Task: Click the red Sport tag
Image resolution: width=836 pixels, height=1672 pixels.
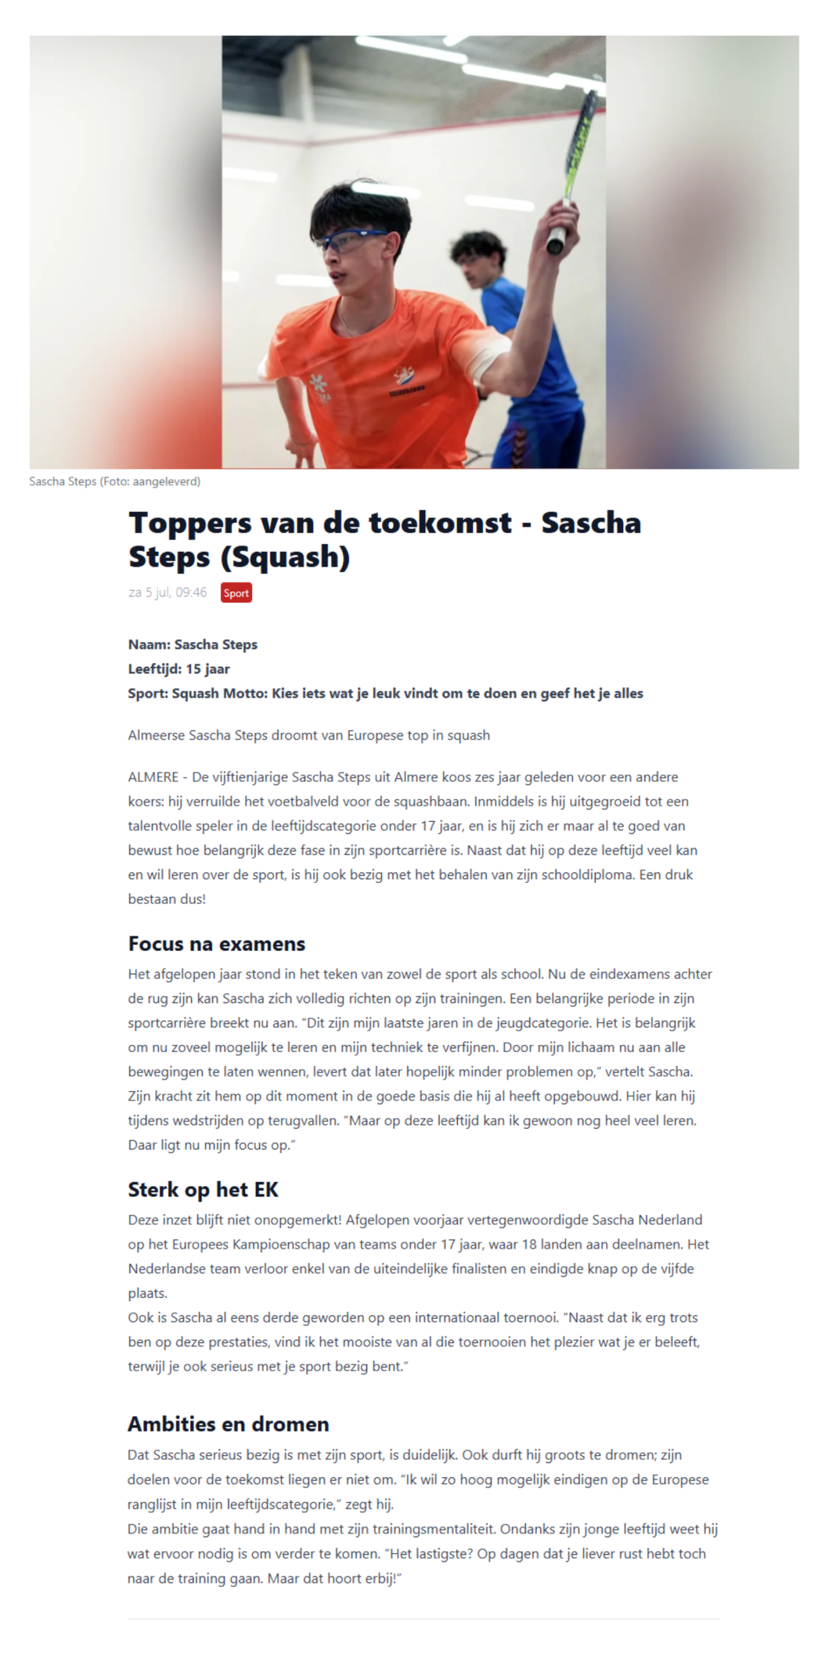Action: click(x=236, y=592)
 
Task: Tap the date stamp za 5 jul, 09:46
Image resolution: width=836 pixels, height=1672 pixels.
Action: click(x=167, y=592)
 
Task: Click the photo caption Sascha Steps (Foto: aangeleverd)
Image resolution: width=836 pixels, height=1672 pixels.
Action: click(x=114, y=481)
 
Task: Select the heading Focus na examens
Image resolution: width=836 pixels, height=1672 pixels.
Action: click(x=216, y=944)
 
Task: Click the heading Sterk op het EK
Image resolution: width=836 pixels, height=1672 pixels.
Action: click(x=202, y=1189)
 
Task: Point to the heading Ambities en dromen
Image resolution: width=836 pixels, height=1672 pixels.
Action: click(x=228, y=1424)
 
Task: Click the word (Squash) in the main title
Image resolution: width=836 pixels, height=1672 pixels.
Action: click(x=285, y=557)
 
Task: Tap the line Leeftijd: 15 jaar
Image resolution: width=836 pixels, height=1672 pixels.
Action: click(x=178, y=669)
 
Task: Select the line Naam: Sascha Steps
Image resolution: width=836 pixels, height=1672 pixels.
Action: click(x=193, y=645)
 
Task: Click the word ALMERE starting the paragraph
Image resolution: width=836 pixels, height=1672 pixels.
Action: click(x=153, y=777)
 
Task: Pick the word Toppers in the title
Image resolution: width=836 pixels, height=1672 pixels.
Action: click(x=189, y=523)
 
